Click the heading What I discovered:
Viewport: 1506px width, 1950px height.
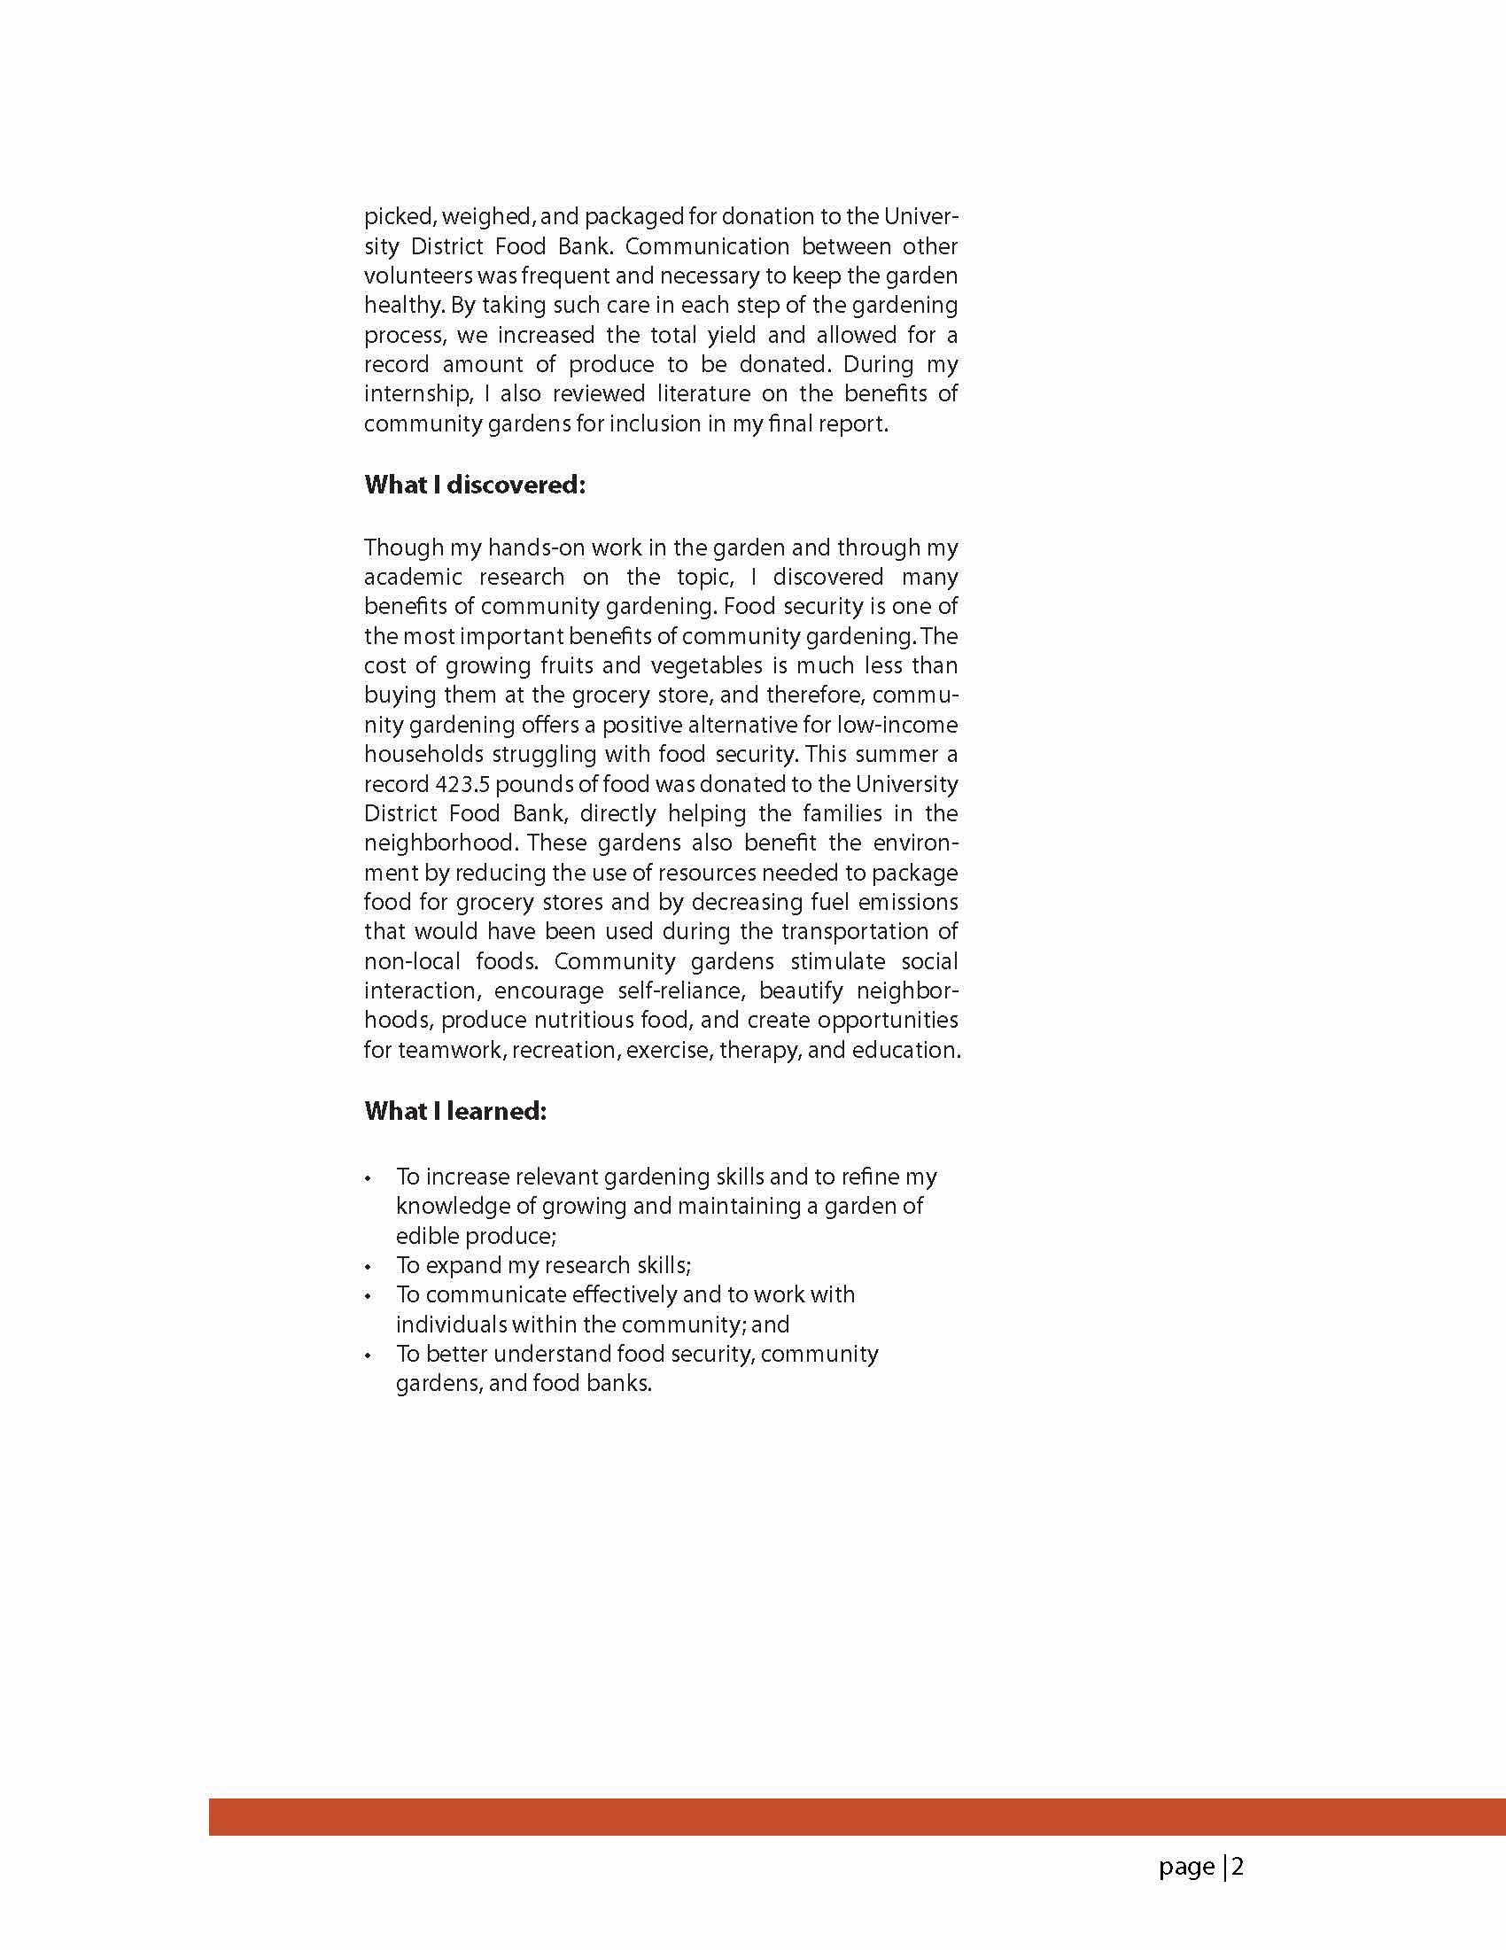(x=474, y=485)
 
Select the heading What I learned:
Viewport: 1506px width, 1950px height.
(x=454, y=1111)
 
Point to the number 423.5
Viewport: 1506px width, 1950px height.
(x=462, y=784)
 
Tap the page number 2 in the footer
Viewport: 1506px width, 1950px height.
(x=1238, y=1866)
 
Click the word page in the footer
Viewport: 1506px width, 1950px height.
(x=1186, y=1867)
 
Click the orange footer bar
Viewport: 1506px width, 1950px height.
(x=857, y=1817)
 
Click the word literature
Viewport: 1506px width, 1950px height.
(x=703, y=393)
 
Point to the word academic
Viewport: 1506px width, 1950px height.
(x=413, y=577)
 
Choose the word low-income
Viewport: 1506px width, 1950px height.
(x=897, y=725)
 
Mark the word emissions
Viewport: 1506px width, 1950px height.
(x=907, y=902)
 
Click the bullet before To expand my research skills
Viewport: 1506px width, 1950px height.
(x=368, y=1267)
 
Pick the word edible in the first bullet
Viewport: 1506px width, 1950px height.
(x=425, y=1237)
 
